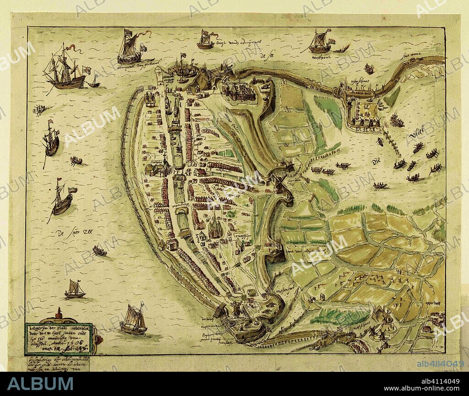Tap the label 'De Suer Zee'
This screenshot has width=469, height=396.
click(73, 233)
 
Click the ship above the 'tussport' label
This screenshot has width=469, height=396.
click(320, 42)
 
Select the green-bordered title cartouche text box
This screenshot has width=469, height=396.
click(58, 339)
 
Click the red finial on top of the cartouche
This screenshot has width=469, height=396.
click(58, 311)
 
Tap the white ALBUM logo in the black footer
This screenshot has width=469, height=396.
click(40, 384)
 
